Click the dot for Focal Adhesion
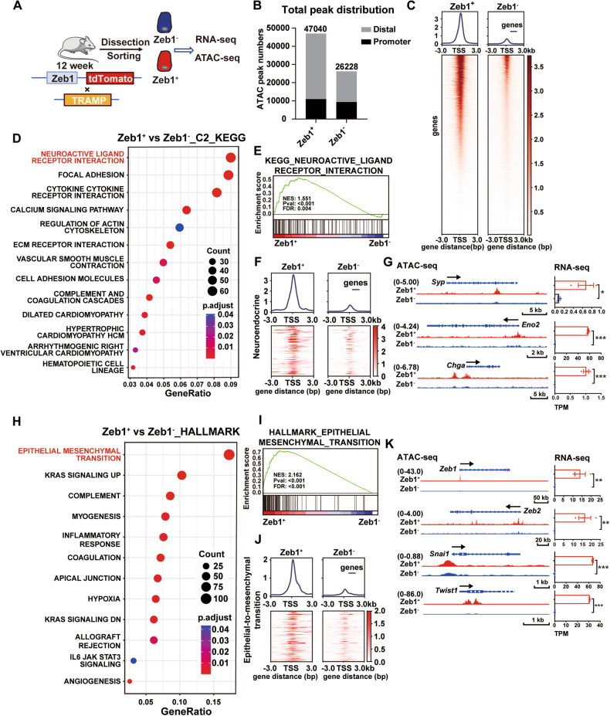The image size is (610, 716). pos(228,175)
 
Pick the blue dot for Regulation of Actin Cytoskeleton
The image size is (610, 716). pos(179,227)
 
